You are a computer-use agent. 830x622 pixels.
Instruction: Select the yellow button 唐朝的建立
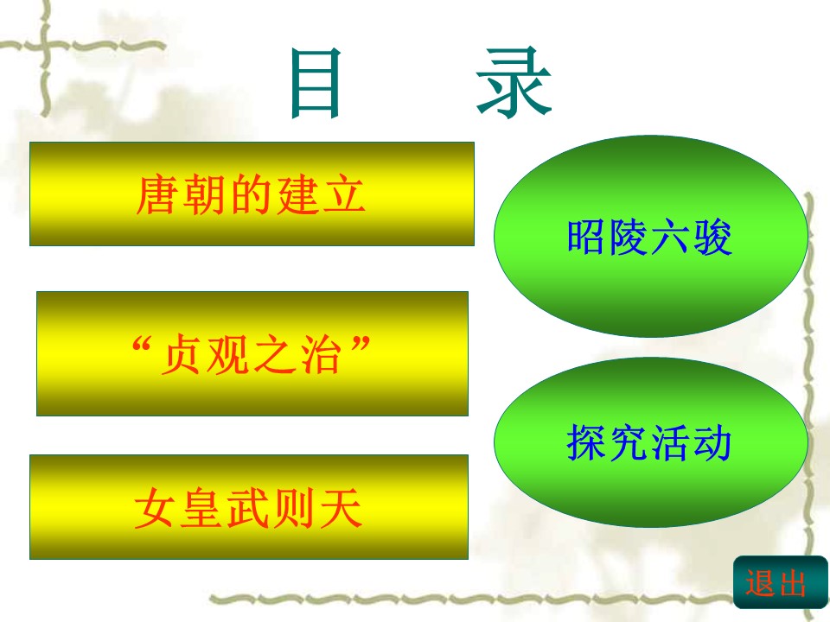coord(252,194)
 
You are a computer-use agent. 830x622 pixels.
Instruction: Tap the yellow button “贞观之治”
coord(252,353)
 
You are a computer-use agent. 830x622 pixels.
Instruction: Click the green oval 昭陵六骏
coord(650,236)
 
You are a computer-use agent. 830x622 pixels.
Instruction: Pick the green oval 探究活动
coord(650,442)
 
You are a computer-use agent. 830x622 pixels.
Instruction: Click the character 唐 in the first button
coord(157,195)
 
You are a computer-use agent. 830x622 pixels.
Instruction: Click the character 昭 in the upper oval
coord(587,237)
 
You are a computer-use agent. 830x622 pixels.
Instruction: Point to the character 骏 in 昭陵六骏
coord(712,237)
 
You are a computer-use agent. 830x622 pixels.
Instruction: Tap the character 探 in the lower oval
coord(587,443)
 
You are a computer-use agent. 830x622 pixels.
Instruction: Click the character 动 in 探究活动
coord(712,443)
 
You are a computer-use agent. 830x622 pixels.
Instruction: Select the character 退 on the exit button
coord(762,585)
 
